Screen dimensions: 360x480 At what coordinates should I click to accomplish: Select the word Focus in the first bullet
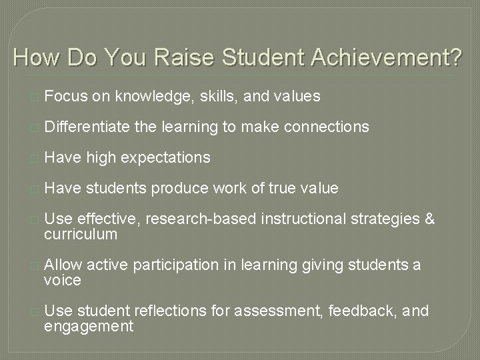[x=67, y=97]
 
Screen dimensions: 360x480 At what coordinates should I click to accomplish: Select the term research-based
[x=192, y=219]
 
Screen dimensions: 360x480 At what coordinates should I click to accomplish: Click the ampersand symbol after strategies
[x=429, y=219]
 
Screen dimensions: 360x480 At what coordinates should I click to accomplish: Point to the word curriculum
[x=81, y=234]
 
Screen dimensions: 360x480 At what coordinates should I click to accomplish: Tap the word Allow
[x=64, y=265]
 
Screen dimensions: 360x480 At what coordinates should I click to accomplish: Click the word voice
[x=62, y=280]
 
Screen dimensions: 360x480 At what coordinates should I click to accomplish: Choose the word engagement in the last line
[x=88, y=326]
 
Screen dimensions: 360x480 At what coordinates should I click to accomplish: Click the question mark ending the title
[x=454, y=58]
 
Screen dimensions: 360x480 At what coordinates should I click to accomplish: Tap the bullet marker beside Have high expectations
[x=35, y=158]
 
